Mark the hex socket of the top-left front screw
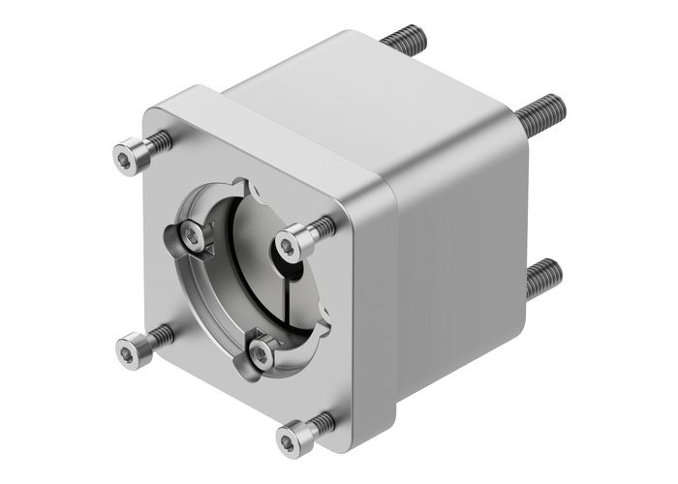(x=126, y=155)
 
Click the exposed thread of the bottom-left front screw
(x=160, y=336)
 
